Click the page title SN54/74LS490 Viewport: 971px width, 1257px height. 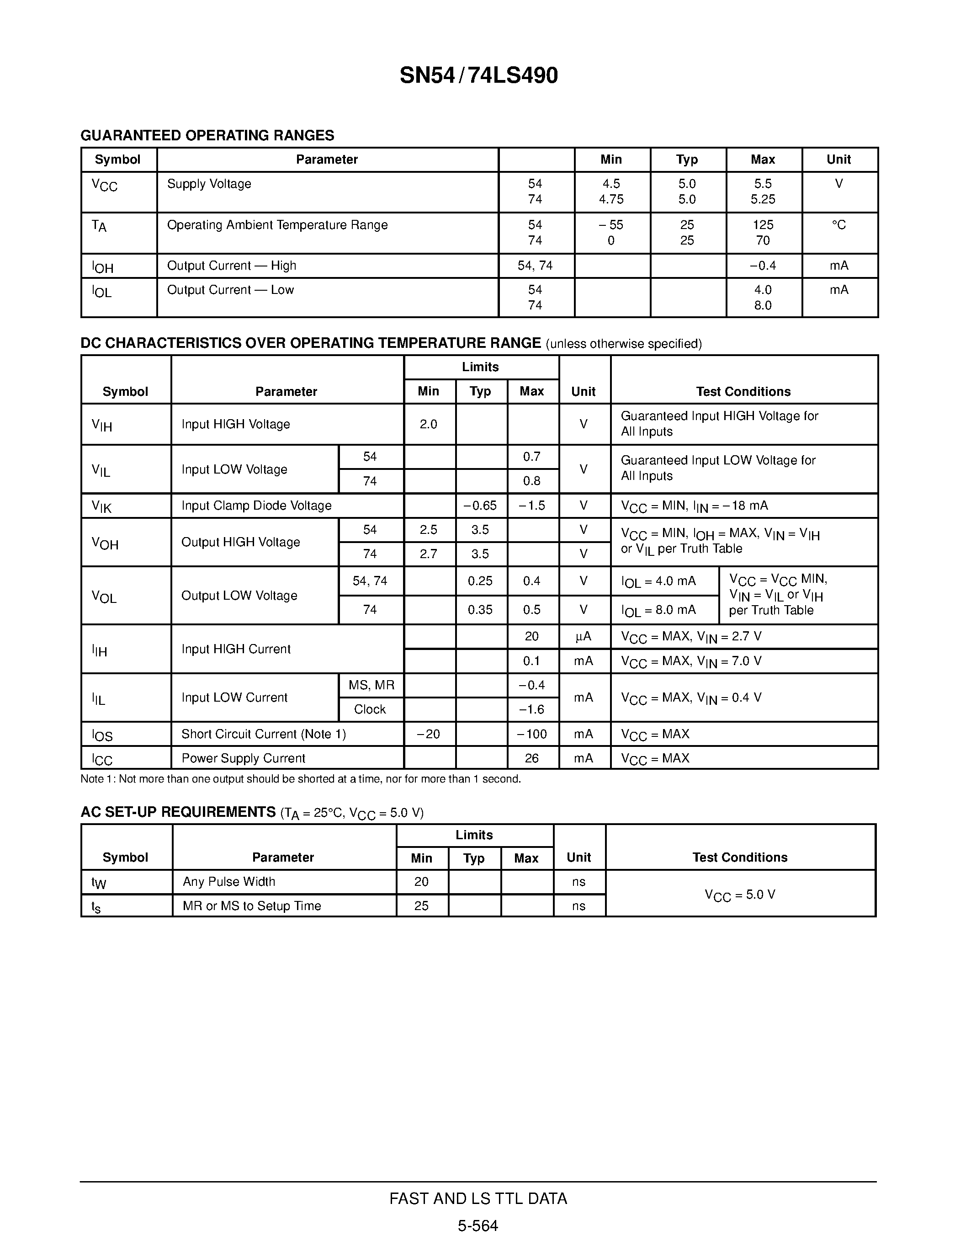pos(478,75)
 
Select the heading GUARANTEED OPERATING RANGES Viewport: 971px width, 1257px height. pos(207,135)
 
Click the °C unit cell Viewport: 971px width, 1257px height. pos(838,225)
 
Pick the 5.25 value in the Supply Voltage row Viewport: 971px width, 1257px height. pos(763,199)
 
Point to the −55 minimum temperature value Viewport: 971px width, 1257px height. pos(611,225)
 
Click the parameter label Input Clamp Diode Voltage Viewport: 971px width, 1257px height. pos(256,506)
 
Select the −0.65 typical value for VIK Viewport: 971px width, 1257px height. pos(480,506)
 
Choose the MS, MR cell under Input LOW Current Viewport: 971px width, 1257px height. pos(371,685)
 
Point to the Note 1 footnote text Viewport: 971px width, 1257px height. pos(300,779)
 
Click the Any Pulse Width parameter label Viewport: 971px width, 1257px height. pos(229,881)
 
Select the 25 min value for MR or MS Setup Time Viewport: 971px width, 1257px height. pos(422,905)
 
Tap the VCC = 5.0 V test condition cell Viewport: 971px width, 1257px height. pos(740,895)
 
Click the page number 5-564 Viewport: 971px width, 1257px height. pos(478,1225)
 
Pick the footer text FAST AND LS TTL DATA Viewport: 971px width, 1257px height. pos(478,1198)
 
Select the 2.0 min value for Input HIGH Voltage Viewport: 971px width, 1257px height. pos(429,424)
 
